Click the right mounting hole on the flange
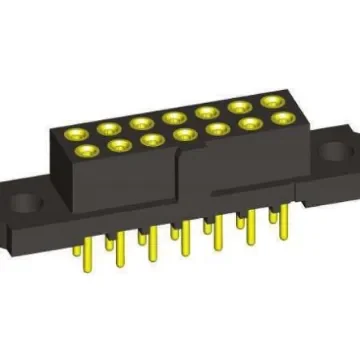tap(331, 154)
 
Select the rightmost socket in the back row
tap(270, 101)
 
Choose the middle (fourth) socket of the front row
tap(183, 134)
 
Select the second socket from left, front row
tap(118, 146)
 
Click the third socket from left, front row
tap(152, 140)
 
